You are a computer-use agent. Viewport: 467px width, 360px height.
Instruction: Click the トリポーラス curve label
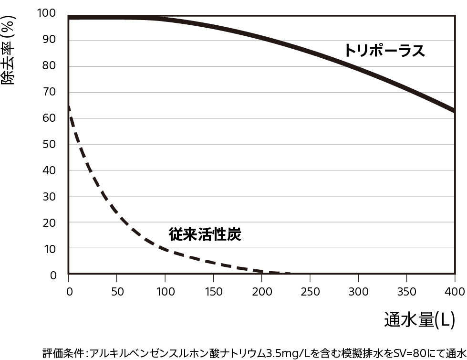point(384,51)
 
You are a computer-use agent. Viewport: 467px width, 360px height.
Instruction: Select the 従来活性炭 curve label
point(205,234)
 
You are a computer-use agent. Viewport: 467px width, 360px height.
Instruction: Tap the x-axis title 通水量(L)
point(420,319)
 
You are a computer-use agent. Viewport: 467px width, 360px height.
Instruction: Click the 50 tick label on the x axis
point(117,291)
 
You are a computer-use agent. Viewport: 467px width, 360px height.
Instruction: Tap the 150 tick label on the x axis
point(213,291)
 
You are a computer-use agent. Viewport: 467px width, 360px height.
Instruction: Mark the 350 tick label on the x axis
point(406,291)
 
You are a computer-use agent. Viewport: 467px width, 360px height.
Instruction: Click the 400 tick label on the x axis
point(454,291)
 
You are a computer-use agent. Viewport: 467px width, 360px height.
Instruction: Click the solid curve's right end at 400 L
point(454,111)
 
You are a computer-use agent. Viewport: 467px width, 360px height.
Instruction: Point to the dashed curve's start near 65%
point(69,107)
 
